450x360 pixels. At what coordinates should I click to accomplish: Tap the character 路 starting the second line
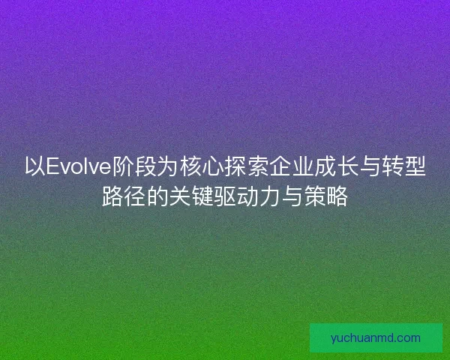click(x=112, y=198)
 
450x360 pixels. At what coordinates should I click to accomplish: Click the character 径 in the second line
click(x=135, y=198)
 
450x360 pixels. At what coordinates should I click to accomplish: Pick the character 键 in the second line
click(x=202, y=198)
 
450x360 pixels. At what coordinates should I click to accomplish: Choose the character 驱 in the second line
click(x=225, y=198)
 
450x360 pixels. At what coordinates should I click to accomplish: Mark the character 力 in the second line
click(x=270, y=198)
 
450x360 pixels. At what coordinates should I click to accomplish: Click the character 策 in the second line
click(x=315, y=198)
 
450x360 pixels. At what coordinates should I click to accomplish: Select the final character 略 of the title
click(x=337, y=198)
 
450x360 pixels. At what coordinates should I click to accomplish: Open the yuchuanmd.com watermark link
click(x=376, y=337)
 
